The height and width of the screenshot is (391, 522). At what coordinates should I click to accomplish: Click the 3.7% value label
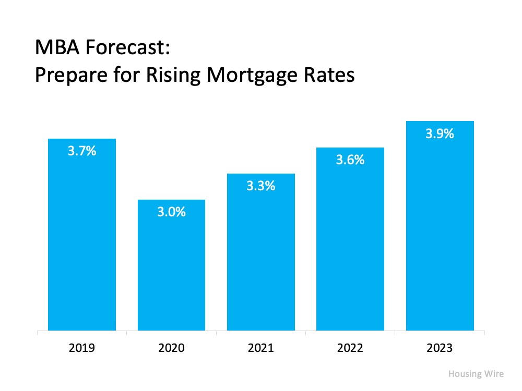[x=82, y=152]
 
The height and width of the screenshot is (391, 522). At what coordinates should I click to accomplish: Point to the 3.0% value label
[x=171, y=213]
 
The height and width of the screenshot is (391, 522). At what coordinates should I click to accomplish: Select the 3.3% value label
[x=261, y=186]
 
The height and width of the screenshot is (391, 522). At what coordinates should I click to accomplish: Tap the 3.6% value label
[x=350, y=160]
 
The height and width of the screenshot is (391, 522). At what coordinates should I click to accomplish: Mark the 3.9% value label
[x=440, y=134]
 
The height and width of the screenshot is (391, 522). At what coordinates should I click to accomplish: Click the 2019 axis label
[x=82, y=348]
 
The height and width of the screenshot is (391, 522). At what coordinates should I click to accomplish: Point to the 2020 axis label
[x=171, y=348]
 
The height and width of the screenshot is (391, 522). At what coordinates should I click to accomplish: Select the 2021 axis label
[x=261, y=348]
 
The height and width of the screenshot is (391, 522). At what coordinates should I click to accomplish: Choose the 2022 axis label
[x=350, y=348]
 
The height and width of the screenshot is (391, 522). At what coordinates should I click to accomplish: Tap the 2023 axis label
[x=440, y=348]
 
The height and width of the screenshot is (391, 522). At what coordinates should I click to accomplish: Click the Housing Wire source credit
[x=476, y=374]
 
